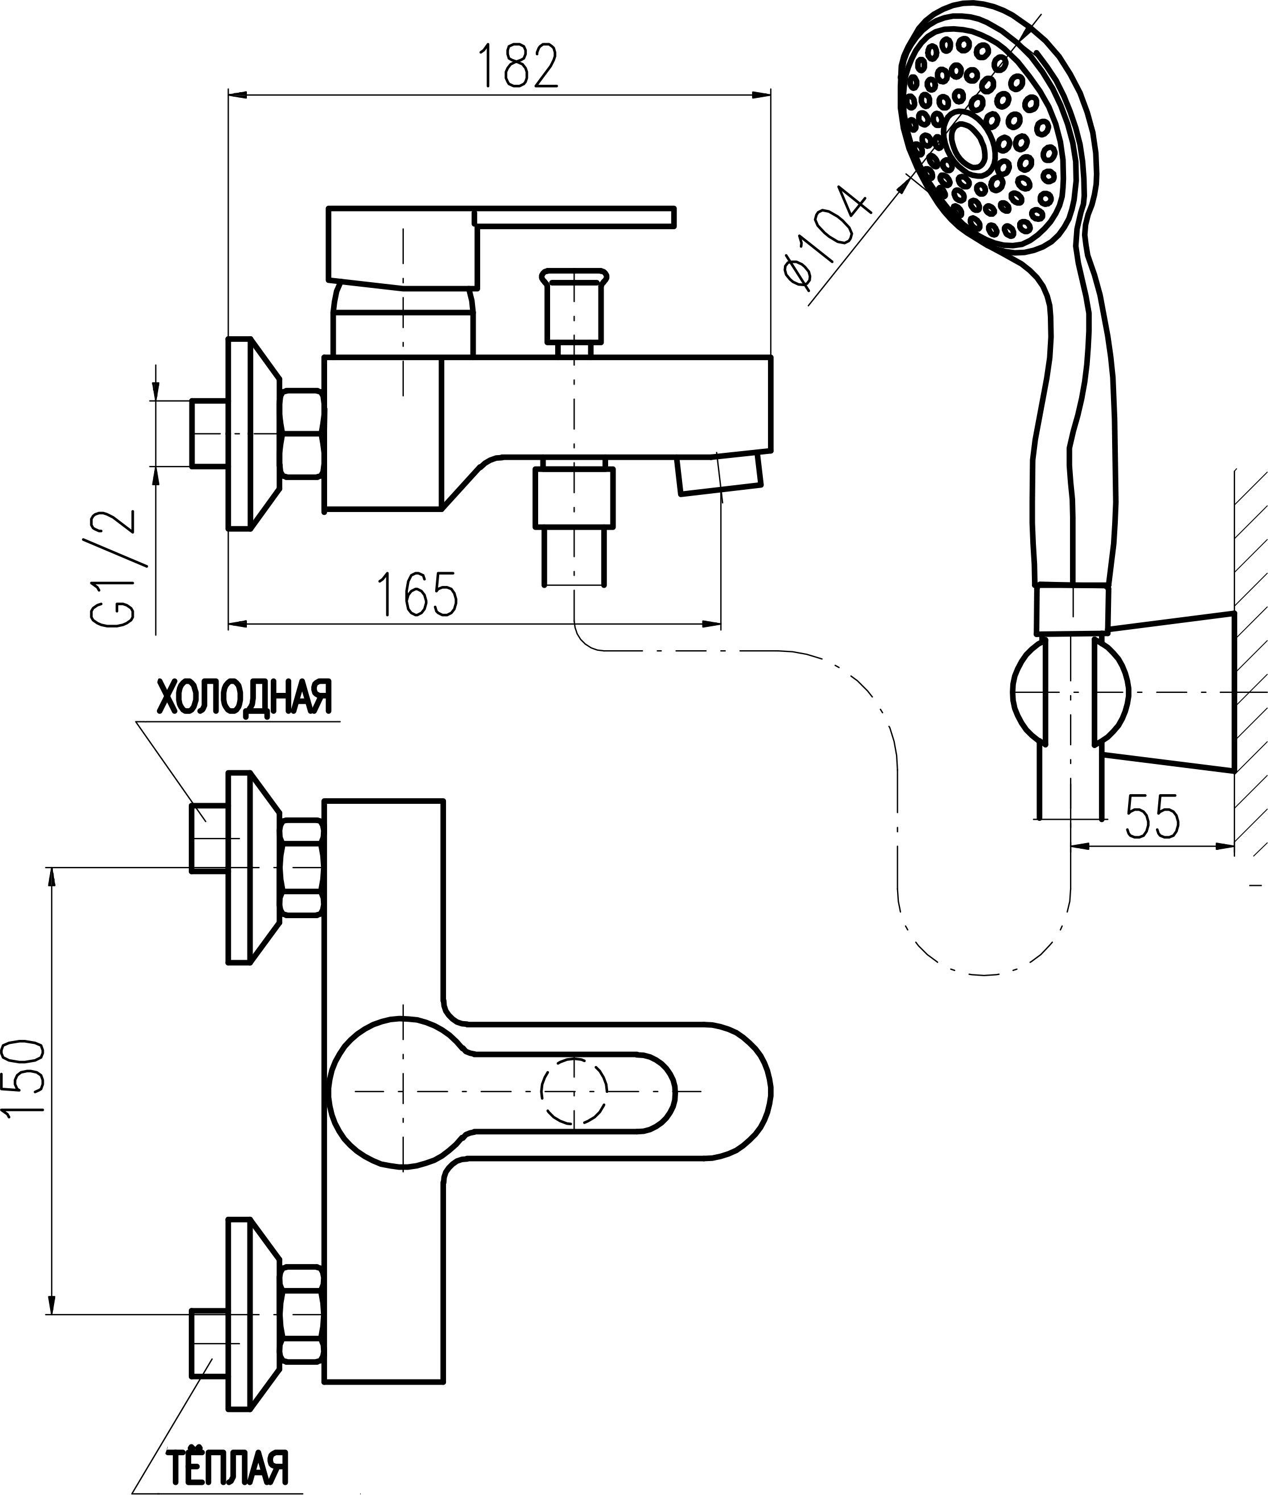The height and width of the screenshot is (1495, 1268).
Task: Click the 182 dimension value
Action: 518,66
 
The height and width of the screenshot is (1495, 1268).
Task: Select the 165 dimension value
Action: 417,594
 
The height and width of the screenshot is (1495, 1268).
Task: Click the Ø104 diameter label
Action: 827,237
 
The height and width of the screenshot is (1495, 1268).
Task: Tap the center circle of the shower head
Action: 972,141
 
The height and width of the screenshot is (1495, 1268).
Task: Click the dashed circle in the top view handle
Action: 573,1091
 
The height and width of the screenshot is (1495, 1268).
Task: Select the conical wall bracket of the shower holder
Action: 1172,692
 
